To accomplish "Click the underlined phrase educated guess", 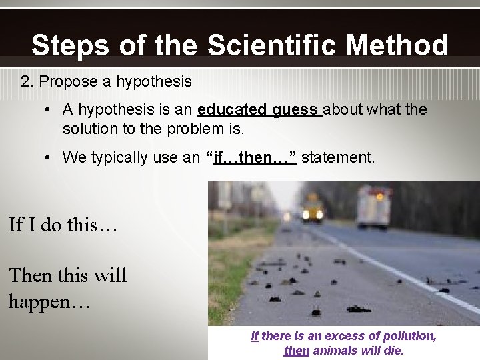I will (259, 109).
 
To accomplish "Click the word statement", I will (339, 157).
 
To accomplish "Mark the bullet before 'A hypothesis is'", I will (49, 109).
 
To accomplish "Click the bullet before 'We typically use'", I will (49, 157).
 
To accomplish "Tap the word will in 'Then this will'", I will (110, 275).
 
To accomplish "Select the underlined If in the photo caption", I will (255, 336).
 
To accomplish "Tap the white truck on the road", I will (374, 206).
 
